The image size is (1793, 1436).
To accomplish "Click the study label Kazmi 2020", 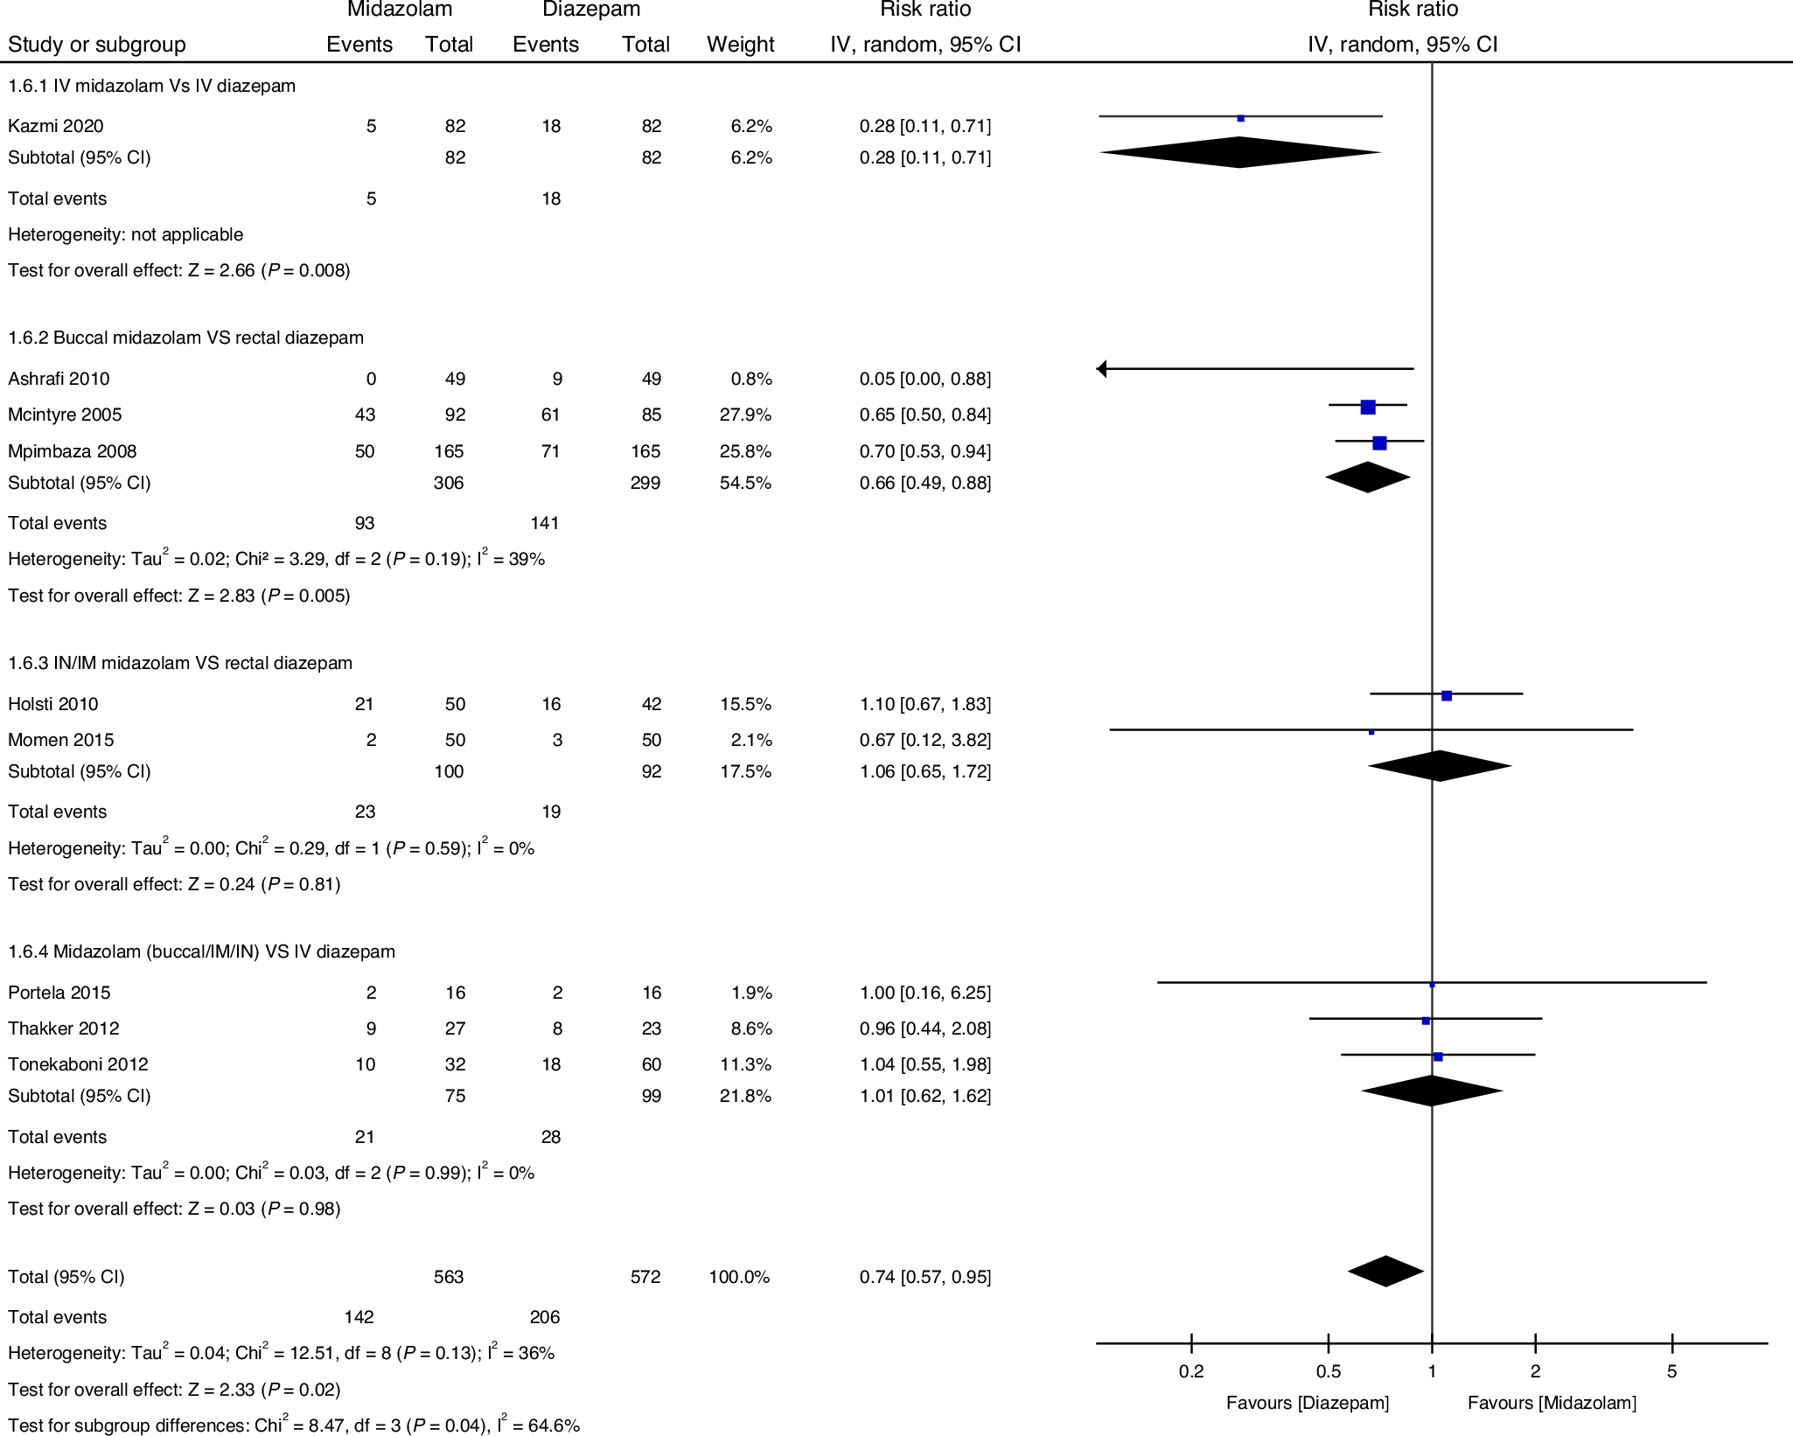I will coord(55,126).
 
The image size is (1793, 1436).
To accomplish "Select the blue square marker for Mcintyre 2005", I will coord(1368,407).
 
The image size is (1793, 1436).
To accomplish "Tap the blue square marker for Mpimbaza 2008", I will coord(1379,443).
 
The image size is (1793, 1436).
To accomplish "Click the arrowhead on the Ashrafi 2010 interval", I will coord(1102,369).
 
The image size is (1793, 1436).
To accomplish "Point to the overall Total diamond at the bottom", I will coord(1385,1271).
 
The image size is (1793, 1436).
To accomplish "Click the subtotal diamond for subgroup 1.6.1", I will coord(1239,152).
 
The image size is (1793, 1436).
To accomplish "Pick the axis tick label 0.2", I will coord(1191,1371).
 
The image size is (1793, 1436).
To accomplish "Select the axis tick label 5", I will coord(1671,1371).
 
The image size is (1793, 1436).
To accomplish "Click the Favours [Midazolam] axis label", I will coord(1552,1403).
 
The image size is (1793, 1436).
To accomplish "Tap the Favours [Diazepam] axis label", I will coord(1307,1403).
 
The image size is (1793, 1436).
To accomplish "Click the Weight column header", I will coord(740,45).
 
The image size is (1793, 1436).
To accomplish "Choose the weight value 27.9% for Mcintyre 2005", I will coord(745,415).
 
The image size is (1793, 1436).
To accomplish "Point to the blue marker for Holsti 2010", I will coord(1447,696).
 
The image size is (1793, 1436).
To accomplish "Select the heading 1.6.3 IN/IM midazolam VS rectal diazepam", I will coord(180,663).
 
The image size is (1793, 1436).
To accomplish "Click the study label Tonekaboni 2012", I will coord(78,1064).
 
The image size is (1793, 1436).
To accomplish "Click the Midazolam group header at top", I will coord(400,10).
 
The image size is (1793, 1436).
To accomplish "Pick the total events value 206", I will coord(544,1317).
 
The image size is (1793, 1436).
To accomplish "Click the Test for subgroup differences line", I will coord(294,1426).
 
